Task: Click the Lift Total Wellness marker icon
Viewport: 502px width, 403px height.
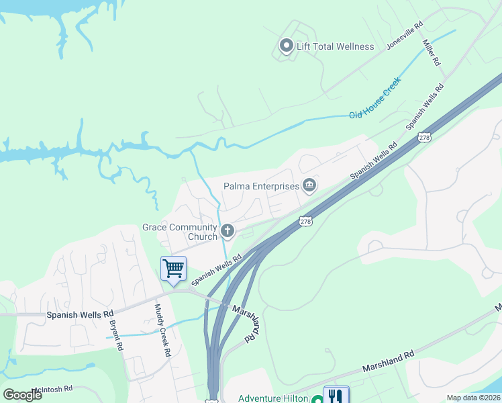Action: tap(286, 46)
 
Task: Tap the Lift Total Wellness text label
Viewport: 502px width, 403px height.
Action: tap(336, 46)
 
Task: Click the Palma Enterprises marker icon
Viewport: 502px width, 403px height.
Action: tap(309, 185)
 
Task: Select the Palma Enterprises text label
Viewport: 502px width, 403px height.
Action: tap(261, 185)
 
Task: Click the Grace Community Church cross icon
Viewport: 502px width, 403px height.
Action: tap(228, 232)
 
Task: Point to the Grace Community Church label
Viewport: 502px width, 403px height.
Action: tap(180, 232)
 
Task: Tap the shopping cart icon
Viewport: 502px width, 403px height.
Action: tap(173, 269)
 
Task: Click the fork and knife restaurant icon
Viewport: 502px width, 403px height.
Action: tap(336, 396)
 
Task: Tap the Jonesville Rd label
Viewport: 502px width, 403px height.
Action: tap(405, 36)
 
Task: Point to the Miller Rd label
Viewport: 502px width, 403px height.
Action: tap(431, 52)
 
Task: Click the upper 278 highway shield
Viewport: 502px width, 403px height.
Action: tap(424, 137)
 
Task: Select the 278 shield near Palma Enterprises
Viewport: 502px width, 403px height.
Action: tap(305, 221)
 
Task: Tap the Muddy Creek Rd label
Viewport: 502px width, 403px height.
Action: tap(163, 327)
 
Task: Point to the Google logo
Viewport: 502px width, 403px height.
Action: tap(23, 395)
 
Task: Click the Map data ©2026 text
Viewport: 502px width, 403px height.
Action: tap(474, 398)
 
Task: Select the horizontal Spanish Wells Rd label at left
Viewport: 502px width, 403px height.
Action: tap(80, 314)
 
